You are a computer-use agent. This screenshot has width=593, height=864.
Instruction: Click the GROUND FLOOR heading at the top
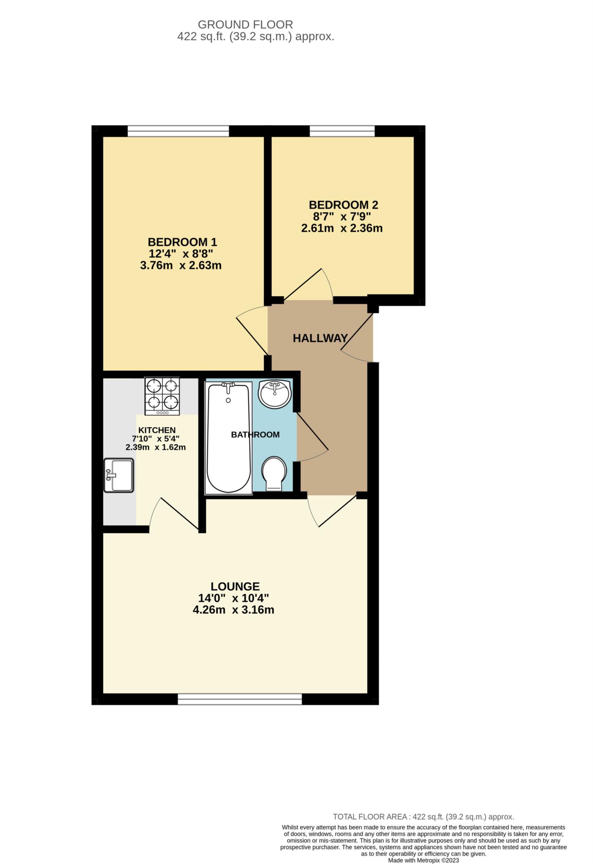(x=245, y=24)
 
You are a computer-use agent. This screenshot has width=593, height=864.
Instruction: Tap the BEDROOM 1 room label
(x=182, y=242)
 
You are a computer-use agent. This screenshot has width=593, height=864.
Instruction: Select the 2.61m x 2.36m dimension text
(x=341, y=229)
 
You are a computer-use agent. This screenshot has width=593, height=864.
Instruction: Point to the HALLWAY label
(x=320, y=338)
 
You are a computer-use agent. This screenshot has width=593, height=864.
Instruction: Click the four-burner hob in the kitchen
(x=162, y=396)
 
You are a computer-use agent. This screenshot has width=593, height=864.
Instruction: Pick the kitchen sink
(x=119, y=475)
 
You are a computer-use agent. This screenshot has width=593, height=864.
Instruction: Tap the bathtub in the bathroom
(x=228, y=437)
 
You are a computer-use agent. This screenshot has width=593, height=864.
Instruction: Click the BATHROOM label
(x=255, y=435)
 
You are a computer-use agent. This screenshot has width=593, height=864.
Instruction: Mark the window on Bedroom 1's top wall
(x=178, y=131)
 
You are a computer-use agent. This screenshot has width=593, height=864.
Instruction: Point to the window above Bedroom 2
(x=342, y=131)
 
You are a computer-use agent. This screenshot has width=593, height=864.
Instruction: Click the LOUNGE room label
(x=235, y=586)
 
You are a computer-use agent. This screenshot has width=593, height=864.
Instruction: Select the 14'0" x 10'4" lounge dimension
(x=233, y=598)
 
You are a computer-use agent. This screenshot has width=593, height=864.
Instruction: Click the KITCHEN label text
(x=157, y=430)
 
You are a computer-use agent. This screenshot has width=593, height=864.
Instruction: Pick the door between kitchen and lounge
(x=174, y=514)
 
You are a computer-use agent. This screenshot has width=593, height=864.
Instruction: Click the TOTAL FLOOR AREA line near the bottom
(x=423, y=817)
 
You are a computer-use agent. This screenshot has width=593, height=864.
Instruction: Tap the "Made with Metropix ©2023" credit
(x=423, y=860)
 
